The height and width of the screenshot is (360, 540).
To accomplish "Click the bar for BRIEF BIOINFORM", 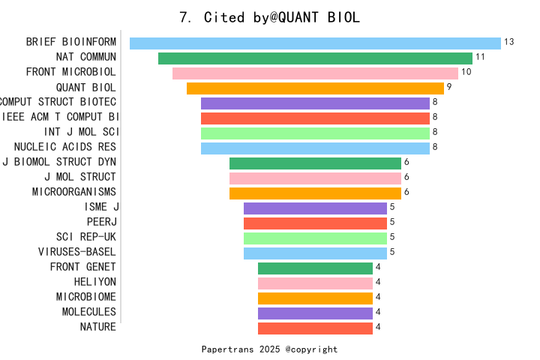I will [315, 43].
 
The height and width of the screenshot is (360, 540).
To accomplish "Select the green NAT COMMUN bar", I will [315, 58].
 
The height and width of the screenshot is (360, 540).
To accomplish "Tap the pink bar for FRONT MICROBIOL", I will [315, 73].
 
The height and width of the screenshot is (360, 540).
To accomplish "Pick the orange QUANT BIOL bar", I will [315, 88].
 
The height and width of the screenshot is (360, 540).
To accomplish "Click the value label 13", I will [509, 42].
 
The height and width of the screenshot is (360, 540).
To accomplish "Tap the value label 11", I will [481, 57].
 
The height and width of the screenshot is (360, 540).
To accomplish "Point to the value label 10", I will [466, 72].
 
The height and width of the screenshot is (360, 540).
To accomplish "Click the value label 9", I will [449, 87].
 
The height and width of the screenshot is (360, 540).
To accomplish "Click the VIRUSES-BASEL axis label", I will [77, 252].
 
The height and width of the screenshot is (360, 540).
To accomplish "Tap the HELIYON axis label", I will [95, 282].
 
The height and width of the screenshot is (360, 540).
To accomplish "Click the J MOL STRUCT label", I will [80, 177].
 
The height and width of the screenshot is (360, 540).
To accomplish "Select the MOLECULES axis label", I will [89, 312].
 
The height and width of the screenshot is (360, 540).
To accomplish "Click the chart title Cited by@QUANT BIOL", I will [270, 17].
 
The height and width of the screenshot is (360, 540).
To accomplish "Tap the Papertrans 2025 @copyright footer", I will [270, 349].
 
